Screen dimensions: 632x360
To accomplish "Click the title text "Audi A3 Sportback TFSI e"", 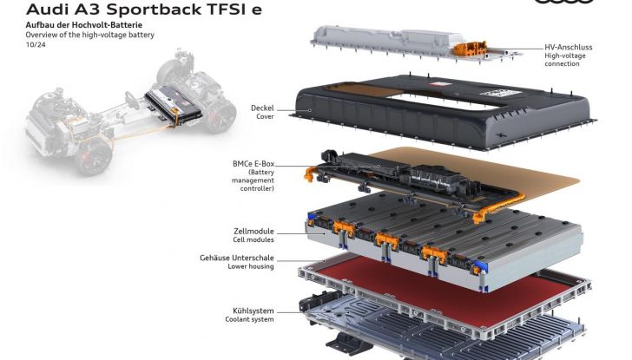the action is coord(143,9).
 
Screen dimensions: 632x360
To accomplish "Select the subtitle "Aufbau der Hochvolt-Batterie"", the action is coord(84,25).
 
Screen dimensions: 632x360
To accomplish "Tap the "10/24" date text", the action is coord(36,45).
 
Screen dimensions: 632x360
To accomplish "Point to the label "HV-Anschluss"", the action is coord(569,47).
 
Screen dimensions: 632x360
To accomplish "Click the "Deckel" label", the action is coord(262,108).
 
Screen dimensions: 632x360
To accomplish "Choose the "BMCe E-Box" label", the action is coord(253,164).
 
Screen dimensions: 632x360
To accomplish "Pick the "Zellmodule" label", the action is coord(253,231).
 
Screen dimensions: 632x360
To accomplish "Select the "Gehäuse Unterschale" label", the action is coord(237,258).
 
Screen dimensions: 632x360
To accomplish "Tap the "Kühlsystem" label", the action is coord(253,311).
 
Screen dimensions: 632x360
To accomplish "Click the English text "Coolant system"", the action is coord(249,319).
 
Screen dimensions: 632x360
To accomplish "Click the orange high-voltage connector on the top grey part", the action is coord(470,49).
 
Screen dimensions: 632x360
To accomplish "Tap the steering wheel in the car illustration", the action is coord(132,101).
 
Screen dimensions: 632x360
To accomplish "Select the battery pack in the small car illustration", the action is coord(174,105).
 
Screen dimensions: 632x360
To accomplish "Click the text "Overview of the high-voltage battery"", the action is coord(90,35).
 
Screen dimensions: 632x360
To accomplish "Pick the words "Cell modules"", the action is coord(253,239).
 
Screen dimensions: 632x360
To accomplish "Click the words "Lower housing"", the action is coord(251,266).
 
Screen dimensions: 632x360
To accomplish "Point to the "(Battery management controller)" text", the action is coord(253,180).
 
